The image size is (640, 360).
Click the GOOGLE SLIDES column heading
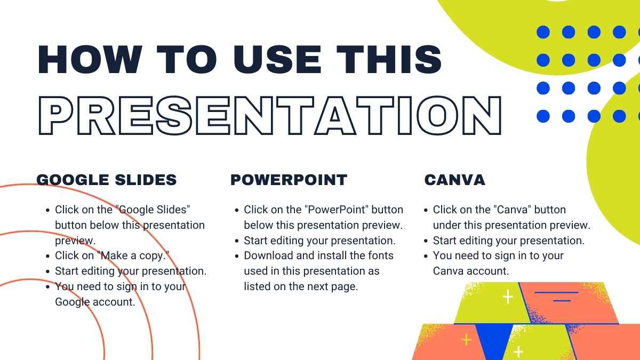[107, 180]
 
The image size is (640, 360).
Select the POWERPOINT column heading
[289, 180]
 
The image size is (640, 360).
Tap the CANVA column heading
[455, 180]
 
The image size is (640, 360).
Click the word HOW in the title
[90, 59]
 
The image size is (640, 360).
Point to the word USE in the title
[277, 59]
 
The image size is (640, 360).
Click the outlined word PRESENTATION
[270, 115]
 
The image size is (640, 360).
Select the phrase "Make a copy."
[133, 255]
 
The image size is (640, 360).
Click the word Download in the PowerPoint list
[269, 255]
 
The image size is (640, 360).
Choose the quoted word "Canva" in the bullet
[513, 210]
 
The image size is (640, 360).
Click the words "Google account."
[95, 302]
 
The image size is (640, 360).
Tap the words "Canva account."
[471, 271]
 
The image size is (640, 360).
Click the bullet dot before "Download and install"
[237, 256]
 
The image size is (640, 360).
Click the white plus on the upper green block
[508, 297]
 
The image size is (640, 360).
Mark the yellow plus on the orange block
[466, 340]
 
